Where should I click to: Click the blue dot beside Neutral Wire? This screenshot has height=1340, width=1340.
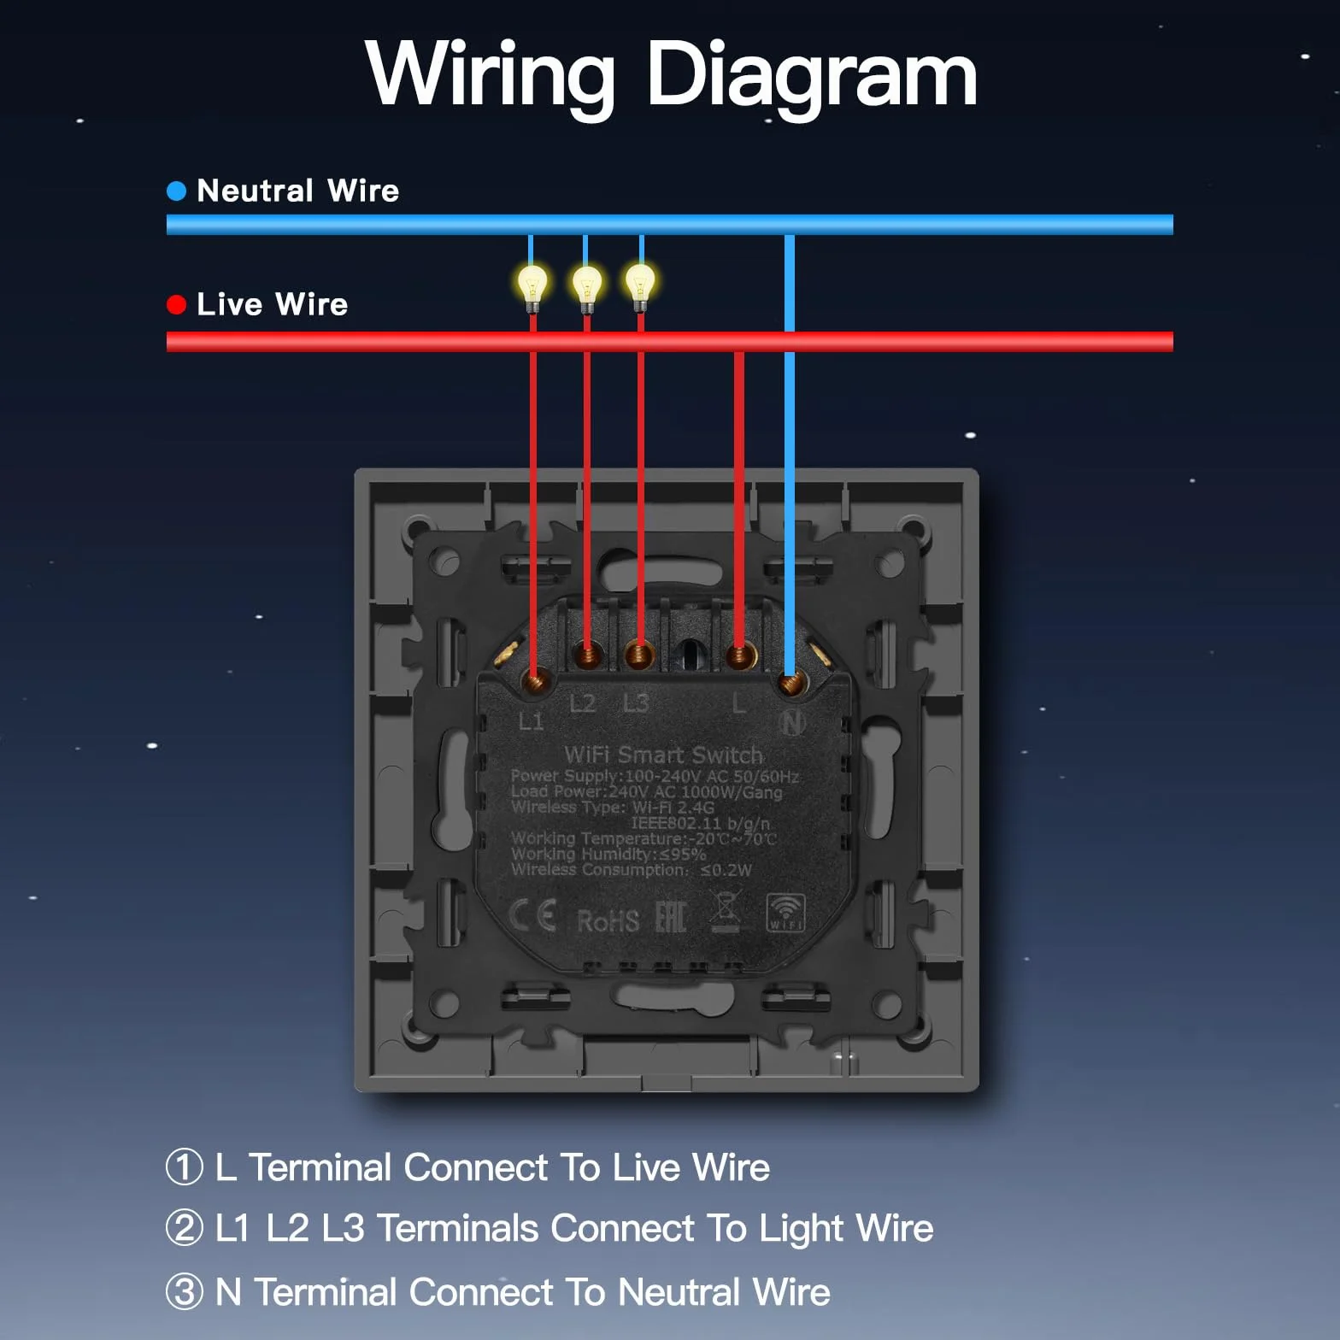pyautogui.click(x=176, y=191)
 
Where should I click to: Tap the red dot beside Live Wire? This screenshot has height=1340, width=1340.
pyautogui.click(x=176, y=305)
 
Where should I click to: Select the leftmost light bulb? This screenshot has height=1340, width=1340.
pyautogui.click(x=532, y=285)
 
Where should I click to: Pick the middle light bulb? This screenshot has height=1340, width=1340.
pyautogui.click(x=587, y=285)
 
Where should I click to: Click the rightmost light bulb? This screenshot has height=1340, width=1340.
pyautogui.click(x=640, y=284)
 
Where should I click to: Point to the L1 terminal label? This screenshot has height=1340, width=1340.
pyautogui.click(x=531, y=721)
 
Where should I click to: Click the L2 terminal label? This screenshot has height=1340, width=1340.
pyautogui.click(x=583, y=703)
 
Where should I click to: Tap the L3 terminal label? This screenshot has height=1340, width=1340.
pyautogui.click(x=636, y=702)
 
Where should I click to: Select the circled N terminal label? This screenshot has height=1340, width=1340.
pyautogui.click(x=793, y=723)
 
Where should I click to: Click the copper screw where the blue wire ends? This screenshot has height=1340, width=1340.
pyautogui.click(x=792, y=682)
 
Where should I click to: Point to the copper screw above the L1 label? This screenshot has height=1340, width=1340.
pyautogui.click(x=536, y=681)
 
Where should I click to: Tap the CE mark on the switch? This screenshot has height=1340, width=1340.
pyautogui.click(x=533, y=915)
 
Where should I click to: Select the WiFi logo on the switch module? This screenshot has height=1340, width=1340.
pyautogui.click(x=785, y=913)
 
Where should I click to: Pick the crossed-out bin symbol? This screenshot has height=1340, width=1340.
pyautogui.click(x=725, y=911)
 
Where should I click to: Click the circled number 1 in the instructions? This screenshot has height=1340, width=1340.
pyautogui.click(x=185, y=1167)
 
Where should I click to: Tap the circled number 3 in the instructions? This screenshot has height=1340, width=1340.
pyautogui.click(x=185, y=1291)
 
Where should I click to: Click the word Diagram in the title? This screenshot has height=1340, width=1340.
pyautogui.click(x=811, y=77)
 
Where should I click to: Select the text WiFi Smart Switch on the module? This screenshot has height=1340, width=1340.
pyautogui.click(x=664, y=755)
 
